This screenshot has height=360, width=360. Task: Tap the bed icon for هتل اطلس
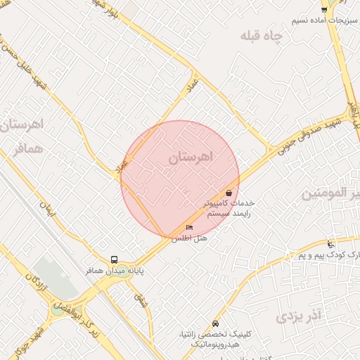tap(189, 227)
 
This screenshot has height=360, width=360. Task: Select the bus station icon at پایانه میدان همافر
tap(115, 259)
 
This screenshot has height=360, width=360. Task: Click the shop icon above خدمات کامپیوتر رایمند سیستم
tap(229, 193)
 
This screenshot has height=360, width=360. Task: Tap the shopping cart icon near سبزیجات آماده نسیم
tap(323, 9)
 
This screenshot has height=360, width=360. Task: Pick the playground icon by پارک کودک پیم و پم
tap(330, 244)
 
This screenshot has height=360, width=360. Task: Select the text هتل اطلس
tap(190, 238)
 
